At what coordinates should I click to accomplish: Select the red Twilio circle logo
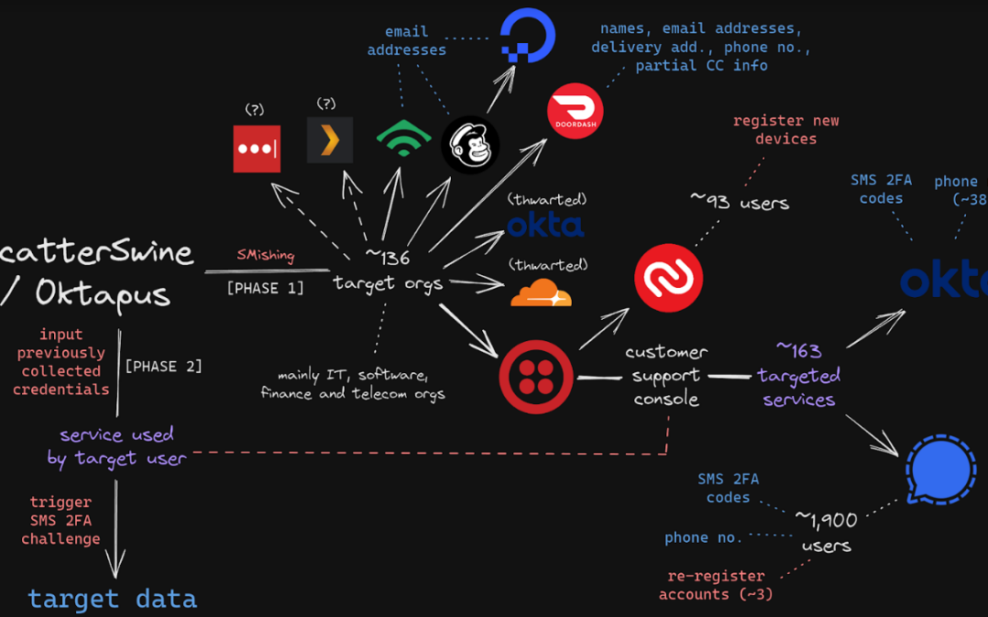click(536, 376)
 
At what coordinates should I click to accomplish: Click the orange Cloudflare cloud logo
click(541, 293)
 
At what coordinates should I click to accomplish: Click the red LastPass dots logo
click(256, 148)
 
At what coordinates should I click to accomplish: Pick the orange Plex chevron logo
click(329, 140)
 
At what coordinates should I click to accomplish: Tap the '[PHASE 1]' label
click(264, 288)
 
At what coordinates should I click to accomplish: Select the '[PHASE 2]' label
click(164, 366)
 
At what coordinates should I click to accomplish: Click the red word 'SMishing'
click(265, 255)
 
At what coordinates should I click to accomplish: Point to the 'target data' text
click(112, 599)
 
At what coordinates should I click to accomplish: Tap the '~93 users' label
click(739, 201)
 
